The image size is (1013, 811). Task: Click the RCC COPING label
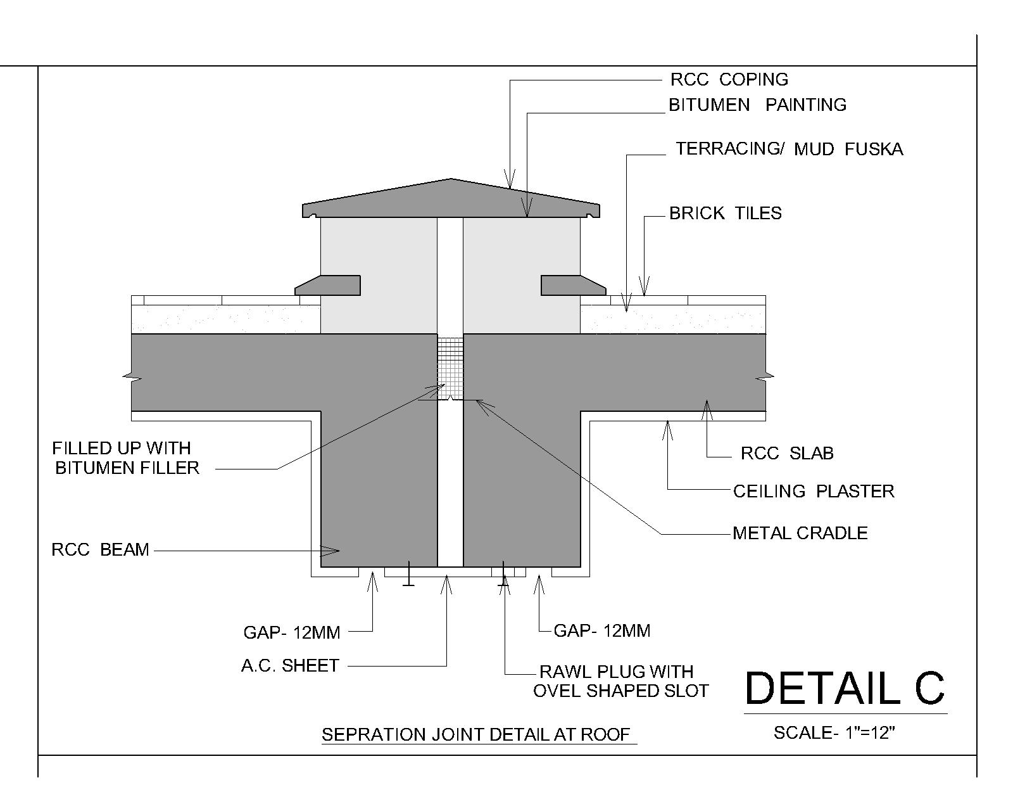pos(729,80)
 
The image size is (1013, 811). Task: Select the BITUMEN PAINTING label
pos(757,105)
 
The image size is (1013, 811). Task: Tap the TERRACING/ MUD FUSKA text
pos(789,150)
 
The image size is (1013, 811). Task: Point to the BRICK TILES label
pos(725,214)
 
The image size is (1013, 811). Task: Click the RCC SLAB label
pos(787,454)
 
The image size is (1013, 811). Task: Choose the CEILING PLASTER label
pos(814,492)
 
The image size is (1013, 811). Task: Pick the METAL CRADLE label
pos(800,533)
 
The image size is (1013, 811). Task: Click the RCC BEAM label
pos(100,550)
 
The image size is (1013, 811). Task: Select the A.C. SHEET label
pos(290,666)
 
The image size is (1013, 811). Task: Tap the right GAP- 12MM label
pos(601,631)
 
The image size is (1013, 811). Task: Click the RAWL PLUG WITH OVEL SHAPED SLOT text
pos(620,681)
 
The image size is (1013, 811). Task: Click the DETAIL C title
pos(845,688)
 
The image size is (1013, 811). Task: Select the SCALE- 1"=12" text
pos(834,733)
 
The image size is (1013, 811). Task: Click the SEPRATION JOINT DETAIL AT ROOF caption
pos(476,735)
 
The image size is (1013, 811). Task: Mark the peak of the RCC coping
pos(451,180)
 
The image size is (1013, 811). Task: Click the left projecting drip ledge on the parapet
pos(328,285)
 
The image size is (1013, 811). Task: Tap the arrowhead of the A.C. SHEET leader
pos(447,578)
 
